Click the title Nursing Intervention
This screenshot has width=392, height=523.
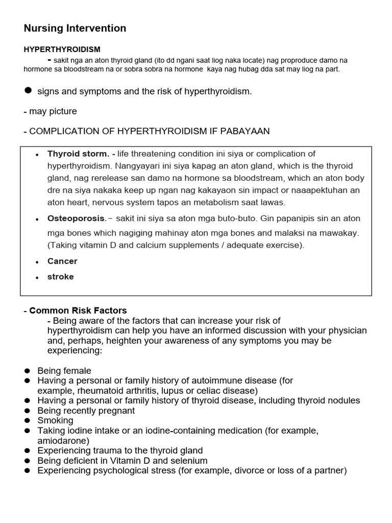pyautogui.click(x=75, y=29)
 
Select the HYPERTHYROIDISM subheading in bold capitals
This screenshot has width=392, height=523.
pyautogui.click(x=62, y=50)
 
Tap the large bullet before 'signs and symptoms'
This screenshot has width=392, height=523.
pyautogui.click(x=29, y=90)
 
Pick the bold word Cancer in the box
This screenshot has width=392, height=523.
pyautogui.click(x=62, y=261)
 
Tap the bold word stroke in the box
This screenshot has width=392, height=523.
pyautogui.click(x=61, y=277)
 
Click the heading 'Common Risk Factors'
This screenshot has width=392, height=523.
pyautogui.click(x=78, y=311)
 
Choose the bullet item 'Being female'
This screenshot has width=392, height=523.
pyautogui.click(x=64, y=371)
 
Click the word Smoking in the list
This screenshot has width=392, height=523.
pyautogui.click(x=56, y=421)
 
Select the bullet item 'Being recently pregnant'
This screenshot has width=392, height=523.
pyautogui.click(x=86, y=411)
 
